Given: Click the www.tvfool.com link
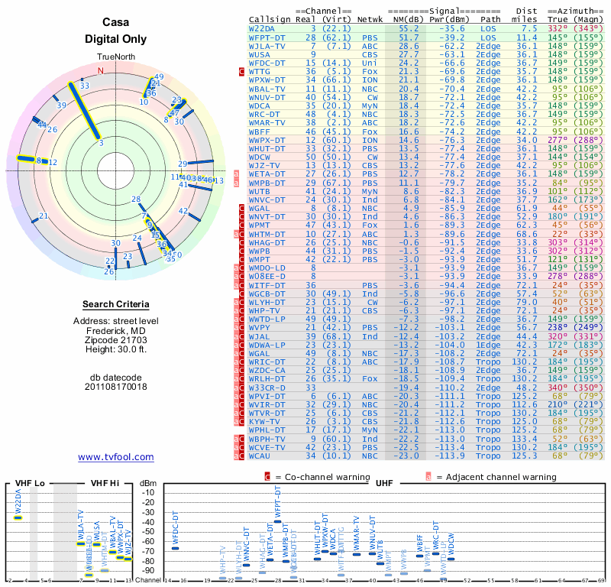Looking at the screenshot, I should coord(116,457).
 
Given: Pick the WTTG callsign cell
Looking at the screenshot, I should coord(260,70).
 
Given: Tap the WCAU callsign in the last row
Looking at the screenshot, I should coord(260,456).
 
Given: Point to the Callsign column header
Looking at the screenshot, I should coord(270,18).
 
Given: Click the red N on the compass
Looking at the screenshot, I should coord(100,71).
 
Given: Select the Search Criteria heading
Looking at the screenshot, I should coord(116,304).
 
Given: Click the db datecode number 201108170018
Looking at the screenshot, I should coord(116,386).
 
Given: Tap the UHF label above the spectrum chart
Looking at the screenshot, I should coord(384,483).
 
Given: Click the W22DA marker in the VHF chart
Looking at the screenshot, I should coord(18,517).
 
